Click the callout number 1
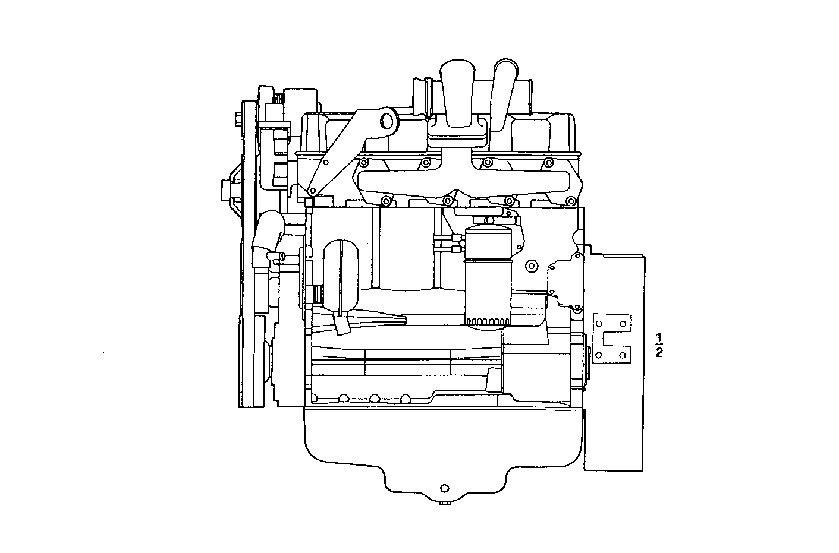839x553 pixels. pos(658,338)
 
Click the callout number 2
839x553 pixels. pos(658,353)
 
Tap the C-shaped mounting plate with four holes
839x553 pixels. pos(611,339)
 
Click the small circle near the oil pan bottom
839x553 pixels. pos(444,488)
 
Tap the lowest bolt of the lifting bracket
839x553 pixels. pos(311,191)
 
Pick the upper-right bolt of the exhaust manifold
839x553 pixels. pos(547,162)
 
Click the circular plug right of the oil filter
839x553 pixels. pos(530,266)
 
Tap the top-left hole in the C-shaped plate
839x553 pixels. pos(599,324)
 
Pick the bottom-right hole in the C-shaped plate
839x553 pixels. pos(623,355)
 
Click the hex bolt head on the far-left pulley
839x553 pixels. pos(238,122)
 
